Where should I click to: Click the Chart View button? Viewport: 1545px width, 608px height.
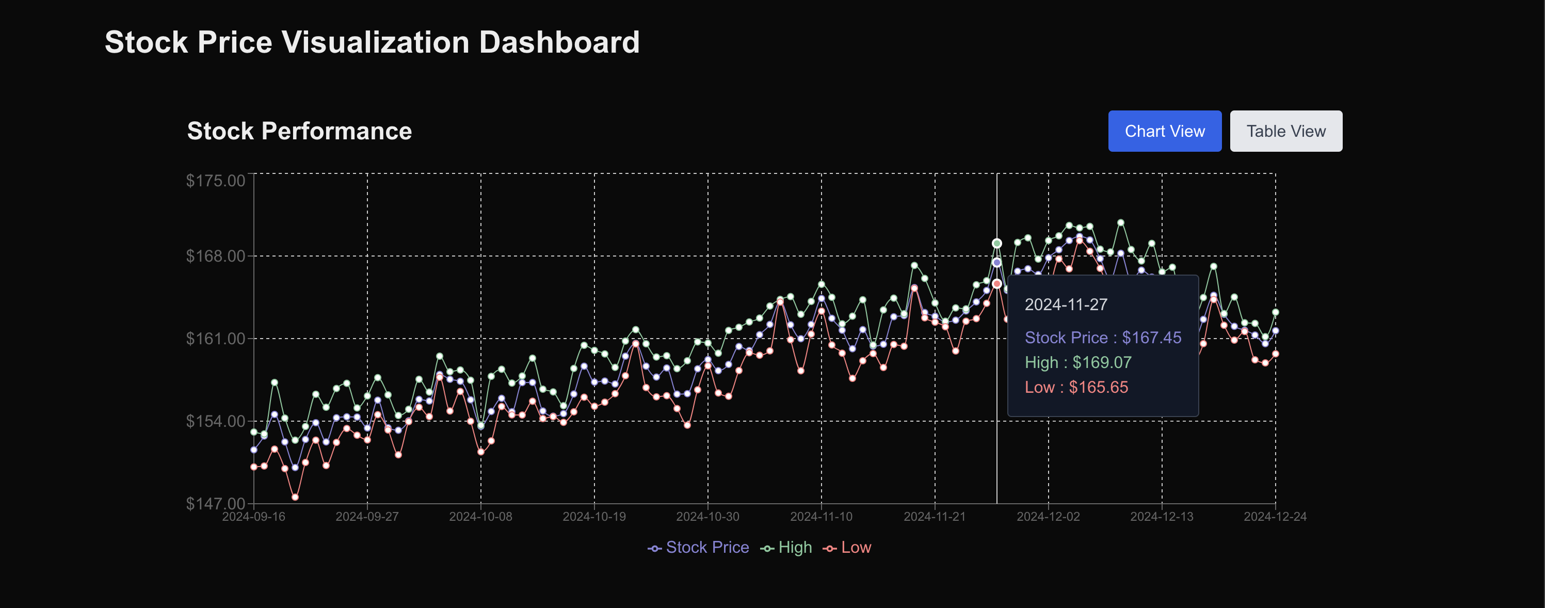click(x=1164, y=131)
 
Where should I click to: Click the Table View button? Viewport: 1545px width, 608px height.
click(x=1285, y=131)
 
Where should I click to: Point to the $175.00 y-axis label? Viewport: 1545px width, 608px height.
click(x=215, y=181)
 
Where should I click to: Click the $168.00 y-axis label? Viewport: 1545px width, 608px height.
click(x=215, y=256)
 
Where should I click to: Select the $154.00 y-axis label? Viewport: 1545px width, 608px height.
click(x=215, y=421)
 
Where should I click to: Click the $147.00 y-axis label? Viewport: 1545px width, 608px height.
click(x=215, y=503)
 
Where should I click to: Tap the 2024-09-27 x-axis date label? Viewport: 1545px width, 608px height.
click(x=367, y=517)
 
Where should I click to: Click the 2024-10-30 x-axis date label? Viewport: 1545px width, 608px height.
click(x=707, y=517)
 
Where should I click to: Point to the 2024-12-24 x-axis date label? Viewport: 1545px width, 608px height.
click(x=1275, y=517)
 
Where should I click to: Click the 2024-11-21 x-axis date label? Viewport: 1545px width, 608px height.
click(x=935, y=517)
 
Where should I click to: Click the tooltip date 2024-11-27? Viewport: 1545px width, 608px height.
click(x=1066, y=305)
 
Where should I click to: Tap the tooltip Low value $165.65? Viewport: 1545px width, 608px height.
click(x=1098, y=387)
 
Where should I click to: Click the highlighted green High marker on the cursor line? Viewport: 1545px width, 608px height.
click(x=997, y=244)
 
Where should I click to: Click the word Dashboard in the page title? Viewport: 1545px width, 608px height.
click(x=559, y=42)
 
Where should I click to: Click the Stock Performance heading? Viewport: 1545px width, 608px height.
click(x=299, y=131)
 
